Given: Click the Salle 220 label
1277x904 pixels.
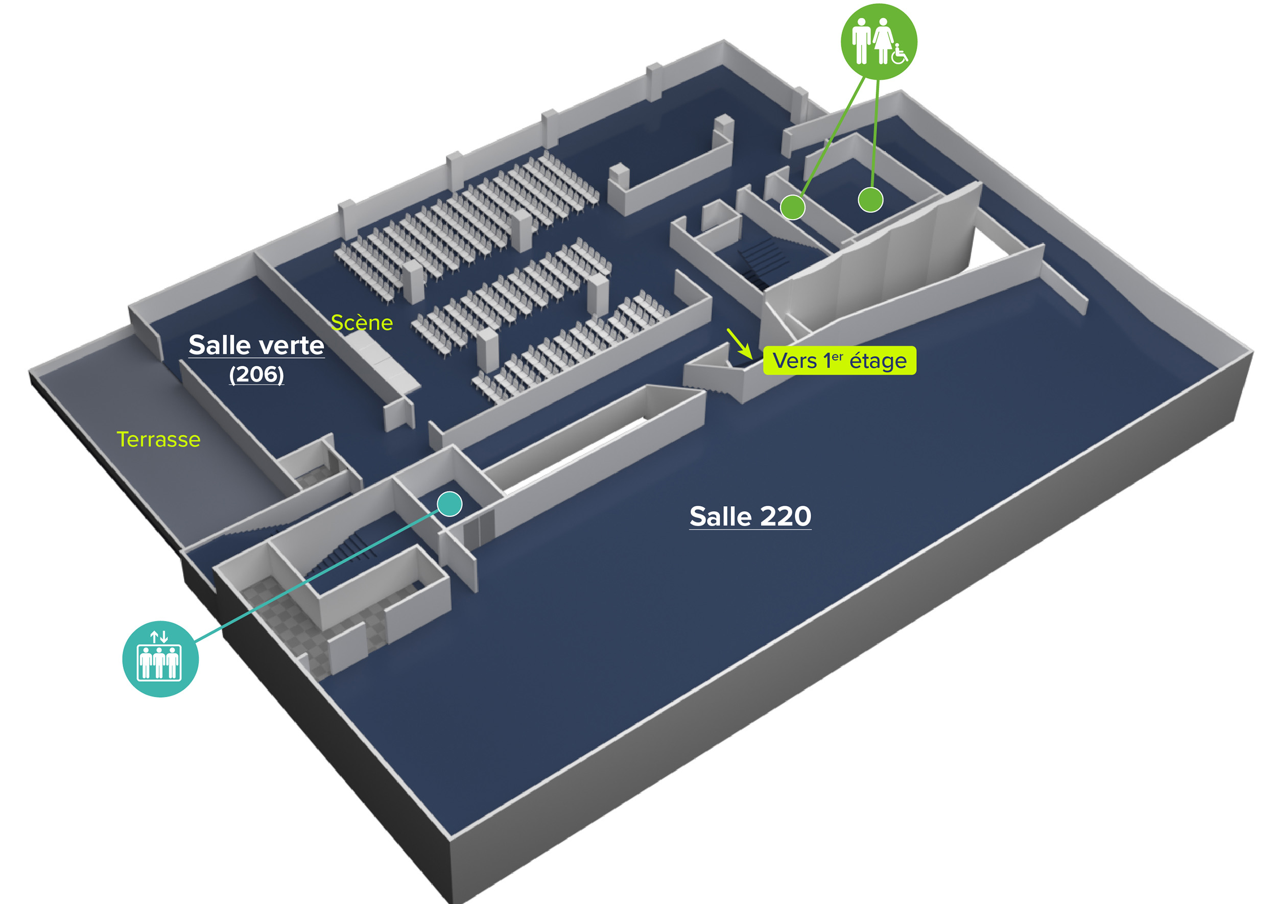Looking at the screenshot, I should coord(750,516).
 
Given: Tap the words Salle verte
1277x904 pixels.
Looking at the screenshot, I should coord(256,345).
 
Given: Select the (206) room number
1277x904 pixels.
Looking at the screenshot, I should coord(256,374).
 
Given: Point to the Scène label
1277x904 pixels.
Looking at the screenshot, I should coord(362,323).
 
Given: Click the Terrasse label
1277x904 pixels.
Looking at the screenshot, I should coord(158,439).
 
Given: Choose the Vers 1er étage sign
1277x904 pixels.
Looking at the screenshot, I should coord(839,361).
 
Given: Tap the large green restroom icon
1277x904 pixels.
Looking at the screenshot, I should coord(879,42).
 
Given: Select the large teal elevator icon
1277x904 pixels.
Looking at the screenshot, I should coord(160,658).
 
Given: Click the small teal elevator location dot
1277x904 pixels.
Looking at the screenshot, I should coord(449,504).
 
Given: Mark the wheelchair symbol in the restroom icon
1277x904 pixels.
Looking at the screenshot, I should coord(899,54).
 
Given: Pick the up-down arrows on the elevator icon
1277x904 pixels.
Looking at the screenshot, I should coord(159,636).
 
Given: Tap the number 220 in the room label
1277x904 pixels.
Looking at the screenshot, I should coord(785,516).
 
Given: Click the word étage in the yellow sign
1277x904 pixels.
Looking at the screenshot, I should coord(878,361).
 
